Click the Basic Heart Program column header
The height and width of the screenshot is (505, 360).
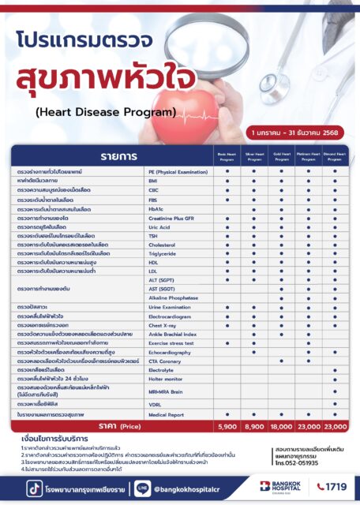click(x=227, y=155)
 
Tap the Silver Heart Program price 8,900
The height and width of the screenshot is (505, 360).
click(x=254, y=426)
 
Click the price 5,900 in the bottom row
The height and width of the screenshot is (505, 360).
click(x=227, y=426)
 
